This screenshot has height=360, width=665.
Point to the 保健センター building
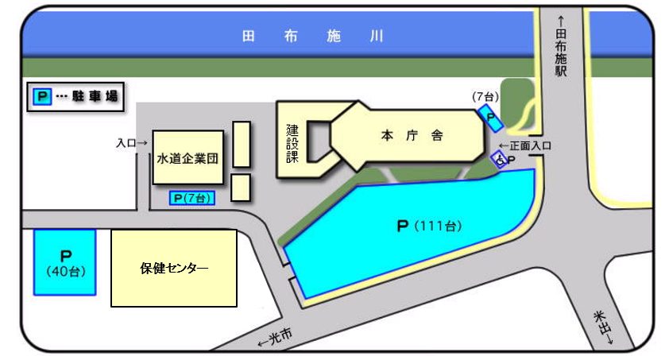(x=174, y=268)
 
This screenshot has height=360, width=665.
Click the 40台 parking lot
(x=64, y=263)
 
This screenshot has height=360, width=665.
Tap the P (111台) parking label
(x=429, y=226)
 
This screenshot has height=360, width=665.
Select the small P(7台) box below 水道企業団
(x=192, y=198)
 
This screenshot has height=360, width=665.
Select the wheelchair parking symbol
(x=499, y=160)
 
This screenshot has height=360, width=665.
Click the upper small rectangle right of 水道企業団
(x=242, y=144)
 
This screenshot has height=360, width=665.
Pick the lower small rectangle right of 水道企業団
(x=242, y=188)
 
